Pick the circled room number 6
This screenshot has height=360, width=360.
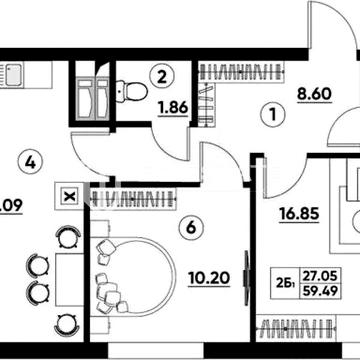[191, 228]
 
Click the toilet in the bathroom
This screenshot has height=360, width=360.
[125, 92]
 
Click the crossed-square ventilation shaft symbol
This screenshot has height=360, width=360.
[69, 196]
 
